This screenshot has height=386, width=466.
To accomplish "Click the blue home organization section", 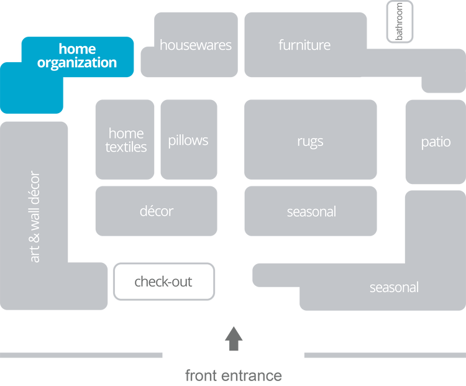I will (68, 68).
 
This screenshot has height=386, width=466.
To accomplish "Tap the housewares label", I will (195, 45).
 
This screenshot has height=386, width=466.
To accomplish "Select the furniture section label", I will (304, 45).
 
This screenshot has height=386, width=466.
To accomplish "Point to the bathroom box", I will (400, 22).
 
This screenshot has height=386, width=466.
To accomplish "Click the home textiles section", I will (126, 140).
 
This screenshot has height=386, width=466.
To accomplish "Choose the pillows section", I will (188, 140).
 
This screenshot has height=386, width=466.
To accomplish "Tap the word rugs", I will (310, 141).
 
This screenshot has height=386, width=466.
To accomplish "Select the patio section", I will (436, 142).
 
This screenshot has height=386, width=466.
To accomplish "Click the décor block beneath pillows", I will (156, 211).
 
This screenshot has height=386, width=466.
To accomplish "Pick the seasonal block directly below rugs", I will (311, 211).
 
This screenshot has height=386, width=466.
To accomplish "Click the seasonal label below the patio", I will (394, 287).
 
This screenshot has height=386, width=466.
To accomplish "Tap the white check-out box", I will (163, 282).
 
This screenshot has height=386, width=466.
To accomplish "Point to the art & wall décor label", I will (35, 216).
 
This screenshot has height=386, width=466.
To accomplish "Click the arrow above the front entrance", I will (234, 338).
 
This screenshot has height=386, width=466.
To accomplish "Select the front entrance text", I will (234, 375).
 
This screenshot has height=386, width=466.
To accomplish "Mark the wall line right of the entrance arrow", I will (384, 355).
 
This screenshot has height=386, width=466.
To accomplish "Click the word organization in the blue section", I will (77, 63).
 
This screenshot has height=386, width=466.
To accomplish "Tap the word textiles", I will (126, 147).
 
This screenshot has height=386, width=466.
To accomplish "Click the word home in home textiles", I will (126, 133).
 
